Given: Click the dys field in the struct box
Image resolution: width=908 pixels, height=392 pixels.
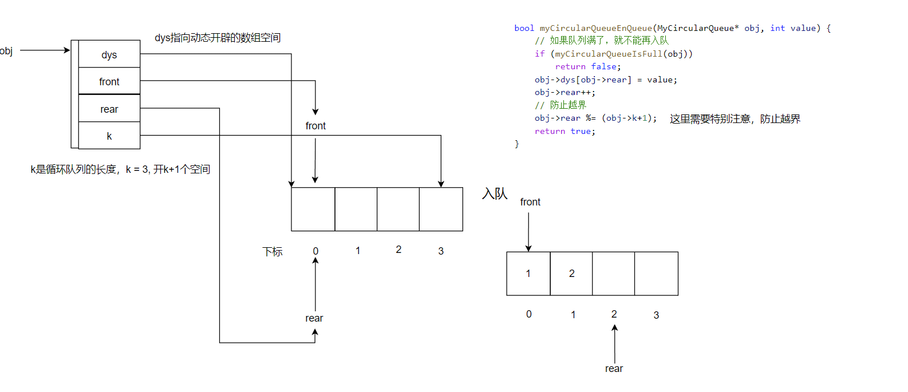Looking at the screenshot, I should pyautogui.click(x=109, y=55).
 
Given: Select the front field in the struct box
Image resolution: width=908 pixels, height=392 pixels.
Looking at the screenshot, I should pyautogui.click(x=109, y=82).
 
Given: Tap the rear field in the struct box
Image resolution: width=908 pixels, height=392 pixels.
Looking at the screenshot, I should pyautogui.click(x=109, y=109).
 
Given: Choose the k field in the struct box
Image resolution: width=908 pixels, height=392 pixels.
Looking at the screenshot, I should pyautogui.click(x=109, y=136).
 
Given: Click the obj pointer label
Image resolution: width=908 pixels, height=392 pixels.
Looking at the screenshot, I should pyautogui.click(x=6, y=51).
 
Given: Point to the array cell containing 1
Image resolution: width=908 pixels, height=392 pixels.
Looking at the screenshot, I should pyautogui.click(x=528, y=274).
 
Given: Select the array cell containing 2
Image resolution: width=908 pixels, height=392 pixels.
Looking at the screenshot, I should pyautogui.click(x=571, y=274).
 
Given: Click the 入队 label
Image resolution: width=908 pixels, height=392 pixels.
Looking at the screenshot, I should pyautogui.click(x=495, y=194).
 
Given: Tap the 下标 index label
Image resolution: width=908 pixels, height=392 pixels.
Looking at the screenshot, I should pyautogui.click(x=273, y=252).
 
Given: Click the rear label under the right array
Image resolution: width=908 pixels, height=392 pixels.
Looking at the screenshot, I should pyautogui.click(x=614, y=369).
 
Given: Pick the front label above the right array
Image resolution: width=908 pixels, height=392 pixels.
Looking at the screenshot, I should pyautogui.click(x=530, y=202).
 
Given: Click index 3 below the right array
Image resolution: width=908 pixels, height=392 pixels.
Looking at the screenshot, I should pyautogui.click(x=656, y=315).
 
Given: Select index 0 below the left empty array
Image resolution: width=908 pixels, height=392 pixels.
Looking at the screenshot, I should pyautogui.click(x=315, y=251).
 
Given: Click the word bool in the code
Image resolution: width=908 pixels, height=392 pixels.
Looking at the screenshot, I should pyautogui.click(x=524, y=28).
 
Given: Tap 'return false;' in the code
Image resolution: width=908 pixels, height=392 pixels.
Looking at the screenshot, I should pyautogui.click(x=587, y=67).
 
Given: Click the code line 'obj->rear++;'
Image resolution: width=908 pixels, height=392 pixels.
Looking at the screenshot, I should pyautogui.click(x=564, y=93).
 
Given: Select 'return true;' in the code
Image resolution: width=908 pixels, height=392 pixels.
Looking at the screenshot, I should pyautogui.click(x=564, y=132).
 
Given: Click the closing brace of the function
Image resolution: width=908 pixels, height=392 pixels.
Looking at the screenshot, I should pyautogui.click(x=516, y=144).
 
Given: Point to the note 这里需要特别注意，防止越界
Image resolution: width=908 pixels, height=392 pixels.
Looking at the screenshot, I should pyautogui.click(x=735, y=119).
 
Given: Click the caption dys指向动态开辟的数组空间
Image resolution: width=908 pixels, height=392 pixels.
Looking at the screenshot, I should pyautogui.click(x=218, y=38).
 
